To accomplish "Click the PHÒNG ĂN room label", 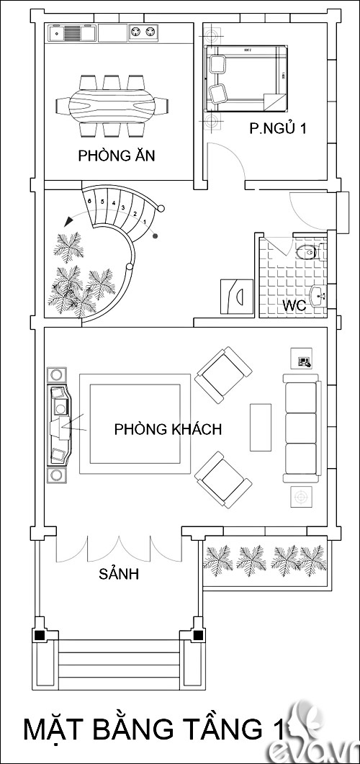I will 117,156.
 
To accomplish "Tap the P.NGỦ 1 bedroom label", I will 278,130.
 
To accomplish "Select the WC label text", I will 294,305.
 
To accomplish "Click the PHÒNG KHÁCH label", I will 168,429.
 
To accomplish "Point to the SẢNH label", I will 118,575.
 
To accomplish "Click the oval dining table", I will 111,105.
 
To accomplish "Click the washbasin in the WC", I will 318,294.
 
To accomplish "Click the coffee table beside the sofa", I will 260,428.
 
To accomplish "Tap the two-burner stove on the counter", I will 143,32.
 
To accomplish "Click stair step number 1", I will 145,222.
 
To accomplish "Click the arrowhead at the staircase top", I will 68,220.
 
